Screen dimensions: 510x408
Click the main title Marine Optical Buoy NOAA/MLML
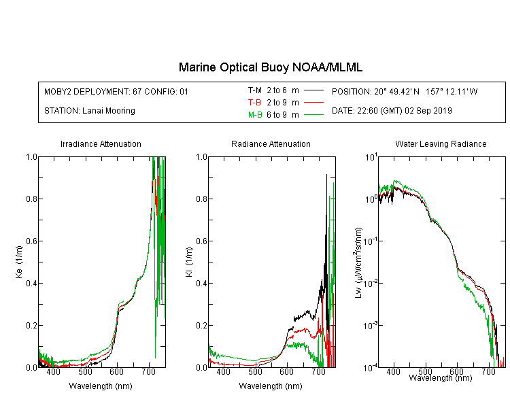271,67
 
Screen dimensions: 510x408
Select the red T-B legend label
254,103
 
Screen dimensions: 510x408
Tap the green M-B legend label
255,115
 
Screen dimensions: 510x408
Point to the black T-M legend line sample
313,90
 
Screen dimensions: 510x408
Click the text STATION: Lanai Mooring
90,111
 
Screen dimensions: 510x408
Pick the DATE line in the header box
392,111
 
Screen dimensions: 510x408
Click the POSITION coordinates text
405,91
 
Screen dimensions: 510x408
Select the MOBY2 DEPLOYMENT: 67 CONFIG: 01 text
116,91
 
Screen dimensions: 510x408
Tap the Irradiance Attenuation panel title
101,143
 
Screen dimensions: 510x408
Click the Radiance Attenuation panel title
271,143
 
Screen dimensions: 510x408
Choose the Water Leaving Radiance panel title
441,143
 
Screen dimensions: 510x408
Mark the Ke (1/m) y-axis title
19,262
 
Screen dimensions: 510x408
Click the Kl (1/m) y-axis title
189,262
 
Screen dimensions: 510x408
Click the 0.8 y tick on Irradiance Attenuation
31,199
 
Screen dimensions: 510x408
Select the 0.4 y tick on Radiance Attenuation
202,284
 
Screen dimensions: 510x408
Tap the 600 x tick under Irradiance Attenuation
116,371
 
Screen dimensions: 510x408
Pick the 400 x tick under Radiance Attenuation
223,371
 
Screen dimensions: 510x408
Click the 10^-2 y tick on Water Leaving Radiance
371,283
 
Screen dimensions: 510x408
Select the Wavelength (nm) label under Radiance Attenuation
271,386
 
